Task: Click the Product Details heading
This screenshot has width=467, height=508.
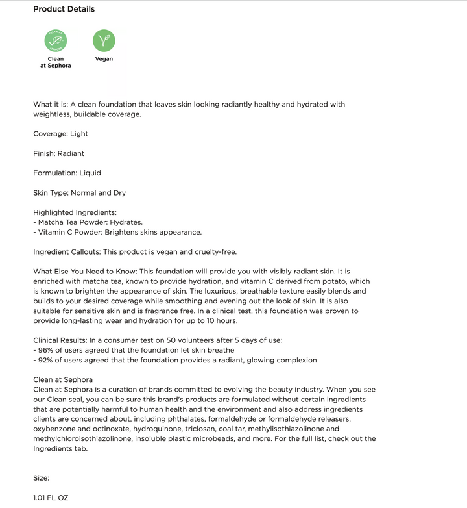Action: [64, 9]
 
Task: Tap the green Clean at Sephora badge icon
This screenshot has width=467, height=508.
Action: [56, 41]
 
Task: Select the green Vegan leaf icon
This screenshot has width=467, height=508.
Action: [104, 41]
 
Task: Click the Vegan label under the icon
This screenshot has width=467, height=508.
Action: [104, 59]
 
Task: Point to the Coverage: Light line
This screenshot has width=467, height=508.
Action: [60, 134]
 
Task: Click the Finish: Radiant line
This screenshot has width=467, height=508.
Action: [58, 153]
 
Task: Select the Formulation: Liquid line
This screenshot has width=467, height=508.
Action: [67, 173]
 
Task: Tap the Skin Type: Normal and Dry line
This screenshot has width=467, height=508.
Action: [79, 193]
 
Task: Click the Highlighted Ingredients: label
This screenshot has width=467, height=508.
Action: [75, 212]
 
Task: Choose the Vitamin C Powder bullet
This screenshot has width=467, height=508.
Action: [119, 232]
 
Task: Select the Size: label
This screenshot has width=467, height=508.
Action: [42, 478]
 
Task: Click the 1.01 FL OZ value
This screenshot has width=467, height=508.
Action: [51, 498]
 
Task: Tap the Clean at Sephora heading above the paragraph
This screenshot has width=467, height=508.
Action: [63, 379]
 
